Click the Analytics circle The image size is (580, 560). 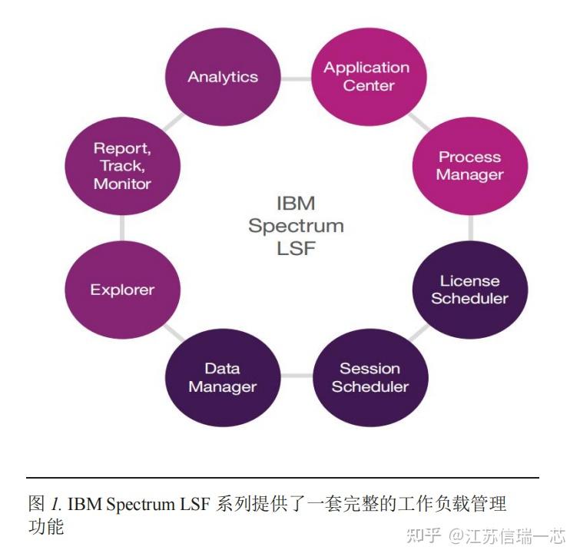223,76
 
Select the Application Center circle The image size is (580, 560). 367,76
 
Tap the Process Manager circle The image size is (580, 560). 469,166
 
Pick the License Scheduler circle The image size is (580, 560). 469,290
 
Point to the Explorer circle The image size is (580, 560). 122,290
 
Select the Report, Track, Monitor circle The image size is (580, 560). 122,166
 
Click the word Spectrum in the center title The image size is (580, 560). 296,227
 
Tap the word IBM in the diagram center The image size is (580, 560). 296,204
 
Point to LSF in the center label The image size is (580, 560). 296,248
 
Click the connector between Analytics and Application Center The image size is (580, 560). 296,77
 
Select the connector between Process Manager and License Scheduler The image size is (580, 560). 470,228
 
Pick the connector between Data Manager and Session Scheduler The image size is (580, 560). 297,376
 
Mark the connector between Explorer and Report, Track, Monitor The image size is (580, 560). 122,228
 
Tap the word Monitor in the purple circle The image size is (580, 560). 122,184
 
